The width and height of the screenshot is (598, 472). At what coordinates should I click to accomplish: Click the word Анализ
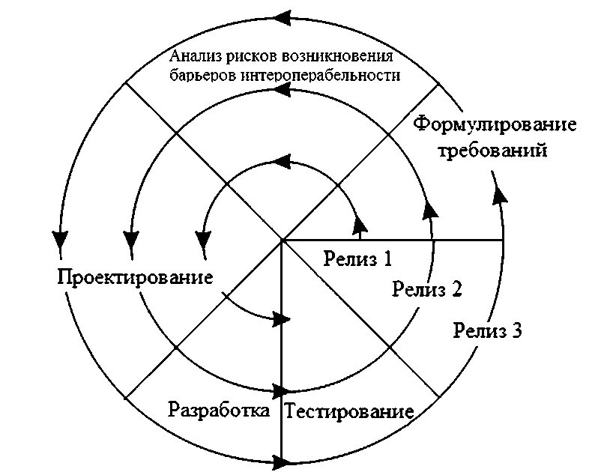click(x=192, y=57)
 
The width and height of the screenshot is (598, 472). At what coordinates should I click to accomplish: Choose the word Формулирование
click(x=495, y=123)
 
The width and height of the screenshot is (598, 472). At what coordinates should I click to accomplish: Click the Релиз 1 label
click(x=358, y=259)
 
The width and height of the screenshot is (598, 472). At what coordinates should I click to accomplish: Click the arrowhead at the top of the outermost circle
click(x=283, y=16)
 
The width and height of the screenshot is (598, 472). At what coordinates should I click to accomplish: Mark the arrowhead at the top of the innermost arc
click(x=283, y=160)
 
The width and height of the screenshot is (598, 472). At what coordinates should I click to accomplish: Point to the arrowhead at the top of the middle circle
click(x=283, y=90)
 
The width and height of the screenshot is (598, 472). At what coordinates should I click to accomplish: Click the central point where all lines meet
click(x=282, y=240)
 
